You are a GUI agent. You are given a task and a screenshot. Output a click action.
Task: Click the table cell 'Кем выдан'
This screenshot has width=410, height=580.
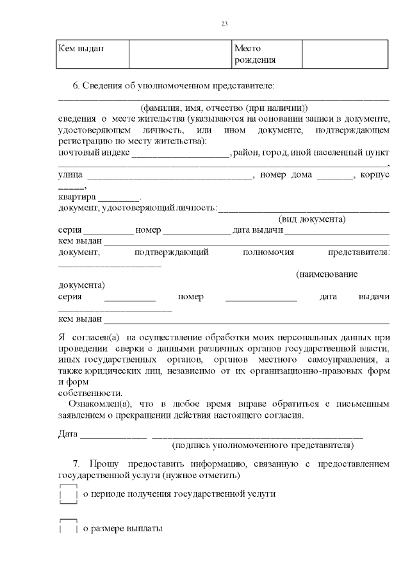click(81, 48)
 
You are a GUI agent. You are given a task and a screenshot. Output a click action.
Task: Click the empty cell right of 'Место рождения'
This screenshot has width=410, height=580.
click(345, 54)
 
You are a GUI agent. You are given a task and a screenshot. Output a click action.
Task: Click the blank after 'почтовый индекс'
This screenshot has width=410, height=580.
click(180, 154)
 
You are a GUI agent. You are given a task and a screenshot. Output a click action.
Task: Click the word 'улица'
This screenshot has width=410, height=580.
click(69, 175)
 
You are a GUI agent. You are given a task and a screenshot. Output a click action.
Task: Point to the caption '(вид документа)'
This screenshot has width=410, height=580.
click(312, 219)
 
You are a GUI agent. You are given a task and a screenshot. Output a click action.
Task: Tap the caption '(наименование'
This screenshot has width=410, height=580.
click(327, 274)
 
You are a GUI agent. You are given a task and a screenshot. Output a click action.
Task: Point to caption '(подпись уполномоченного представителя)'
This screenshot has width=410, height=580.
click(263, 444)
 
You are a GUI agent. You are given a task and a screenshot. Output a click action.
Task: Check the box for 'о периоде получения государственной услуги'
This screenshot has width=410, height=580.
click(68, 495)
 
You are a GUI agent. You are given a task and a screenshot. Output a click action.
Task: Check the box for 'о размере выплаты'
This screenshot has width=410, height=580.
click(68, 528)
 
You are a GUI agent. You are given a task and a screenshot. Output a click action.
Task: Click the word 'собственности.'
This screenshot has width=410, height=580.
click(89, 393)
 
